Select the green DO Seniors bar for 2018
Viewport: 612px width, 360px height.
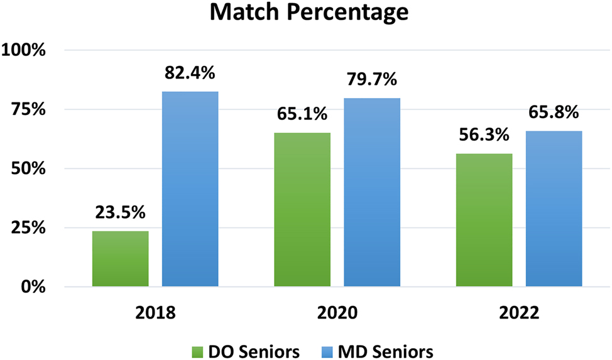120,259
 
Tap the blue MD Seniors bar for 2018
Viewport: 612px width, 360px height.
190,189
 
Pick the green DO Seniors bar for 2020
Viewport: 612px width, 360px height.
302,210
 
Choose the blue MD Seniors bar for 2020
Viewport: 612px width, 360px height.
372,192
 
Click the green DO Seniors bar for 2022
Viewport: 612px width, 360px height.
484,220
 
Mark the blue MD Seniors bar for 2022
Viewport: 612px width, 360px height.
554,209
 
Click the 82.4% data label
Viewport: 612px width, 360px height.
190,73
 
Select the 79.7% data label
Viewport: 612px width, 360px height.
371,80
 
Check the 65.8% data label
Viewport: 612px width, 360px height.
553,112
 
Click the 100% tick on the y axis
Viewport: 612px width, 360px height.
25,50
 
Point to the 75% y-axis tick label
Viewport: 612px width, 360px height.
29,109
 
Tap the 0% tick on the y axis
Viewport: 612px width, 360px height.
33,287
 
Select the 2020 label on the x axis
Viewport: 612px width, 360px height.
337,312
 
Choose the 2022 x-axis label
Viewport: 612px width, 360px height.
518,312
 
